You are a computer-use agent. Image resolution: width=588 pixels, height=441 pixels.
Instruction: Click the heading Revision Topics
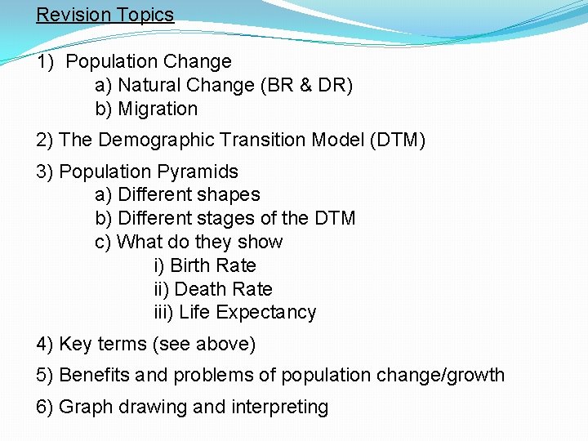(105, 15)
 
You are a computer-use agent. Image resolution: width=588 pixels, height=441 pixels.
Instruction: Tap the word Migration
(158, 109)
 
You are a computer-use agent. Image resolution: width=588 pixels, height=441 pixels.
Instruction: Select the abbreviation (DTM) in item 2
(398, 140)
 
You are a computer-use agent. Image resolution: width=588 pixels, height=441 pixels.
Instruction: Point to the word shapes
(232, 195)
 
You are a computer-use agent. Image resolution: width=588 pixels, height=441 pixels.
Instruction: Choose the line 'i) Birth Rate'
(205, 265)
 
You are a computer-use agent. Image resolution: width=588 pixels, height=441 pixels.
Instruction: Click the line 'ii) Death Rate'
(213, 289)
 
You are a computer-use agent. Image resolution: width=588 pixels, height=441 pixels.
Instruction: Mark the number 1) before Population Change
(47, 61)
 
